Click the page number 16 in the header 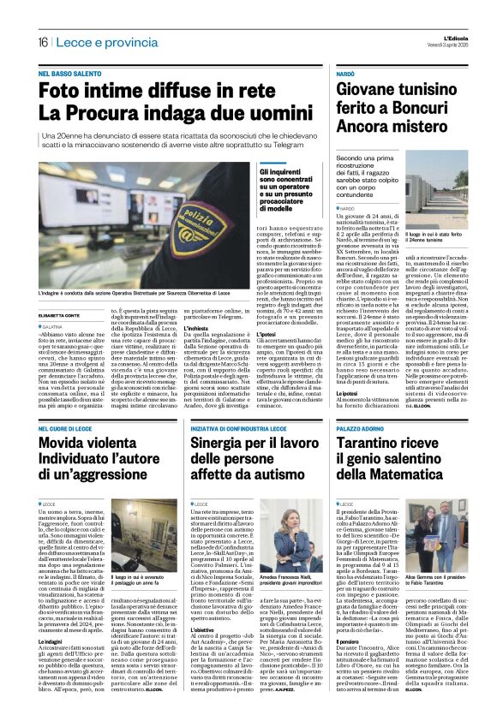[42, 42]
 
